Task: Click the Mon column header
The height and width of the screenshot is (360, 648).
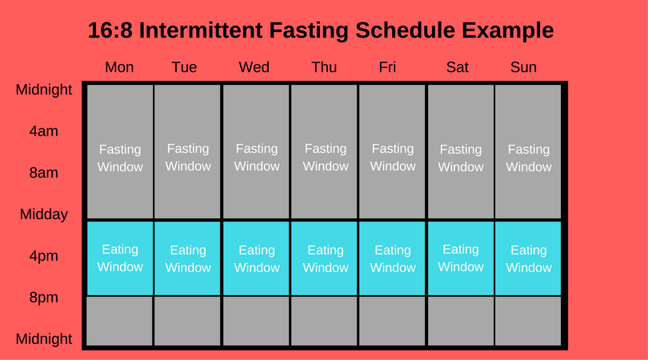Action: click(x=119, y=67)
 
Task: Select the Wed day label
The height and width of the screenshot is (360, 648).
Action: click(x=254, y=67)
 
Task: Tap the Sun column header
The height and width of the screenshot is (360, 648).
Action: click(x=523, y=67)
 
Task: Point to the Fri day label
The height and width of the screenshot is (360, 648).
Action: click(x=387, y=67)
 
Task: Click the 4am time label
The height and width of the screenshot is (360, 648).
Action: click(x=43, y=131)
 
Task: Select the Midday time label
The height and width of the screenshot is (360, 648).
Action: click(x=44, y=214)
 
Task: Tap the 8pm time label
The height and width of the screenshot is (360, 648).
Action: click(x=43, y=298)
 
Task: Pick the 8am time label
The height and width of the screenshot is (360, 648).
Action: click(x=43, y=173)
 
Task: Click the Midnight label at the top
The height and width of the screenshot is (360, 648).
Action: click(x=44, y=90)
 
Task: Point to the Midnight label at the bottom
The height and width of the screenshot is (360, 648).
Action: click(x=44, y=339)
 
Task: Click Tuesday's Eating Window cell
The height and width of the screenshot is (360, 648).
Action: click(x=187, y=258)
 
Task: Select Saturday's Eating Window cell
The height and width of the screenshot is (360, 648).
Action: click(x=460, y=258)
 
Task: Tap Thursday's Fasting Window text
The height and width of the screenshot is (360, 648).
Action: click(x=326, y=158)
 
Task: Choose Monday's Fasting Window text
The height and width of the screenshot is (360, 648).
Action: click(x=120, y=158)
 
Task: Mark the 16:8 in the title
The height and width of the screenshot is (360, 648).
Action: click(x=110, y=30)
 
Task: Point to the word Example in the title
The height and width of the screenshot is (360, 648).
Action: click(x=507, y=30)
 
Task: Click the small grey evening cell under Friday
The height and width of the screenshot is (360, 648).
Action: click(x=392, y=321)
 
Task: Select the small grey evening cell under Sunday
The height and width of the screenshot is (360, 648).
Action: click(x=528, y=321)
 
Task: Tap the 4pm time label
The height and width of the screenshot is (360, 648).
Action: click(x=43, y=256)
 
